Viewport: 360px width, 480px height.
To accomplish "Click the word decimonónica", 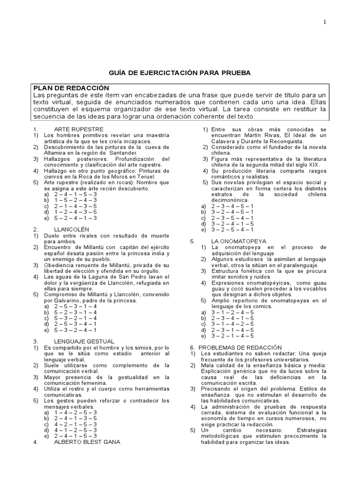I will (230, 200).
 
